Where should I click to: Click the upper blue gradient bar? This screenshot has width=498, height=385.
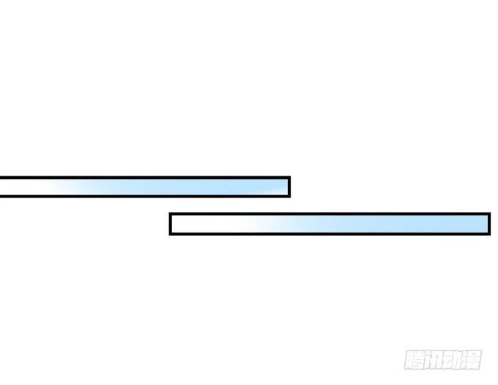(145, 187)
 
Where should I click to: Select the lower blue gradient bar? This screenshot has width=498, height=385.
(330, 224)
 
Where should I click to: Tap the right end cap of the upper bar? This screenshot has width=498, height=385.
(289, 187)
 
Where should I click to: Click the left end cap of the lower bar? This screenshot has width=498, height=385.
(171, 224)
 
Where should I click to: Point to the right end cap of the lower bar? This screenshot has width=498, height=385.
(489, 224)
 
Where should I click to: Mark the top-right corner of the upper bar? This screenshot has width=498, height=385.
(291, 176)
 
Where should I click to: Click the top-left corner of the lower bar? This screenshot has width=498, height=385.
(169, 213)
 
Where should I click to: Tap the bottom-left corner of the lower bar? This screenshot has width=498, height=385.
(169, 235)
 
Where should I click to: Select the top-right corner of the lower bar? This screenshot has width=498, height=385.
(491, 213)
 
